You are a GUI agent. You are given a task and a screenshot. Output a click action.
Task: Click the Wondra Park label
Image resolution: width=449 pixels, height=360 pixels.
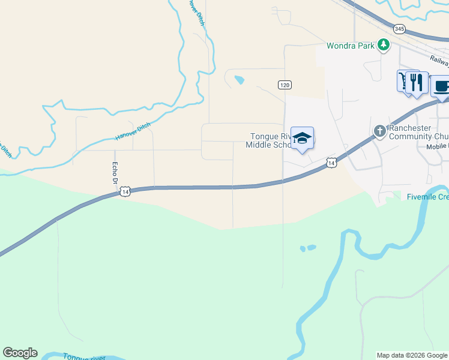(351, 46)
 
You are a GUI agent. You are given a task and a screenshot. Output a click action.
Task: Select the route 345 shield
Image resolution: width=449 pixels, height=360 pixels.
(399, 28)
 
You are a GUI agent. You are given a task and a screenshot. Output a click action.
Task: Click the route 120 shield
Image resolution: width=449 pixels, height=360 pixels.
(285, 85)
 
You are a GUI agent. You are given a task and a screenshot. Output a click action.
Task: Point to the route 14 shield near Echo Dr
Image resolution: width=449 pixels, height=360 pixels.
(124, 191)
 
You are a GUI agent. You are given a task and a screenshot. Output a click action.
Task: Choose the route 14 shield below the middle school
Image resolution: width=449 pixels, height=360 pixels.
(331, 162)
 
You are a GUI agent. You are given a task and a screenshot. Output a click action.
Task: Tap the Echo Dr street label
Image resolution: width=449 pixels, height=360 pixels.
(113, 173)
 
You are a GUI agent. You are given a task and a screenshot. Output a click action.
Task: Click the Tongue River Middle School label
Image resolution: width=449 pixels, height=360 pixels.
(269, 140)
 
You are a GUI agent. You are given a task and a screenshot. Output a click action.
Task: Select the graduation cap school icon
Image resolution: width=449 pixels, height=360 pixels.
(302, 138)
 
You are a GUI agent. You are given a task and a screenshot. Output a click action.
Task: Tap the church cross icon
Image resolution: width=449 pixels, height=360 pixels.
(379, 131)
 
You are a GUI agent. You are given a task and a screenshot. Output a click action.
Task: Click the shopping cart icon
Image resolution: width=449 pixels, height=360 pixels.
(403, 80)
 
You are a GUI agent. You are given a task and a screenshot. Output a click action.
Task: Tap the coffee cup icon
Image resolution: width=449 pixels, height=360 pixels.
(441, 86)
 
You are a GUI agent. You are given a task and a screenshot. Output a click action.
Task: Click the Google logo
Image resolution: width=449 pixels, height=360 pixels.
(20, 353)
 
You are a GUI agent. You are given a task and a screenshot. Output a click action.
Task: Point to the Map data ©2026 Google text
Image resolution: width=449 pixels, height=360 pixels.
(412, 355)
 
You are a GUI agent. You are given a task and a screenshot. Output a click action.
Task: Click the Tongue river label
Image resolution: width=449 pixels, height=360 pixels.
(85, 356)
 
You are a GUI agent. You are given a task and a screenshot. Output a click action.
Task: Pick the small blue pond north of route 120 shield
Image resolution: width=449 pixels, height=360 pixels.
(240, 80)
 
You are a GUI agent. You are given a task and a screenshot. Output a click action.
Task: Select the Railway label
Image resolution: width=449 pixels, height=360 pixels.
(440, 60)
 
